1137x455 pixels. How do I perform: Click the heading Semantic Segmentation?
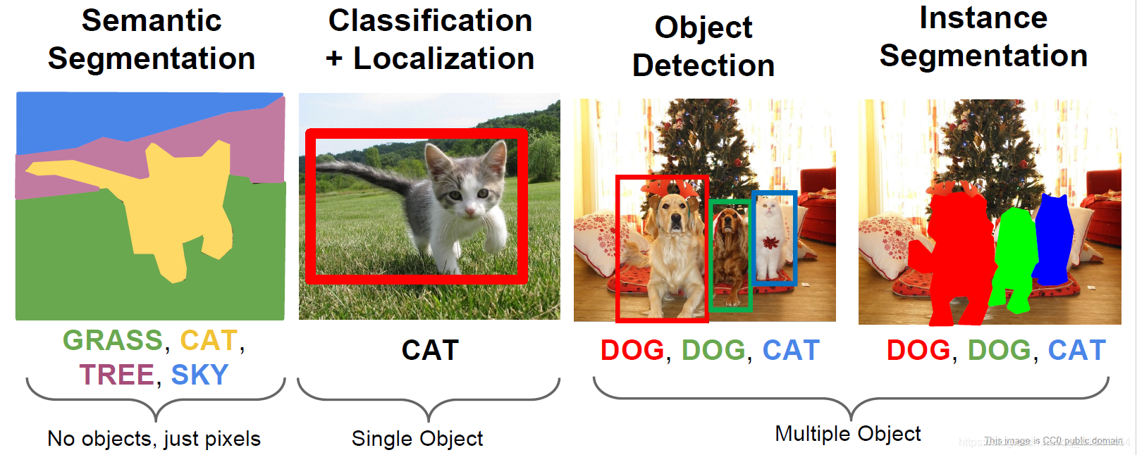click(152, 39)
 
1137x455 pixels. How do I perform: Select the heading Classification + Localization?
click(430, 39)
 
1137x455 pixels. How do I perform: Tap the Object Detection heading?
click(703, 46)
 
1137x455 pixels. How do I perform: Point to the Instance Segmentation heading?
click(983, 37)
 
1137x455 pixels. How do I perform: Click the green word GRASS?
click(113, 340)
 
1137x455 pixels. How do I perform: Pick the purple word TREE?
click(116, 375)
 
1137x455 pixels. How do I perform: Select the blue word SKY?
click(199, 375)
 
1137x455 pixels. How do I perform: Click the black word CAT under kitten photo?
click(430, 350)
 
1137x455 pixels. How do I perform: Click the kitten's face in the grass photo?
click(469, 194)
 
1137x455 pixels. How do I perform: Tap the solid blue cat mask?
click(1054, 239)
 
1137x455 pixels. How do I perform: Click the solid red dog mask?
click(955, 254)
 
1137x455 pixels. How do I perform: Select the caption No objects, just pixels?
click(154, 439)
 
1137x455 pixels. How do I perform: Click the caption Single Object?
click(417, 439)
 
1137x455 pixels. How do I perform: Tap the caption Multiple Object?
click(847, 434)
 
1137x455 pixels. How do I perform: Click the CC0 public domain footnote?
click(1053, 441)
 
